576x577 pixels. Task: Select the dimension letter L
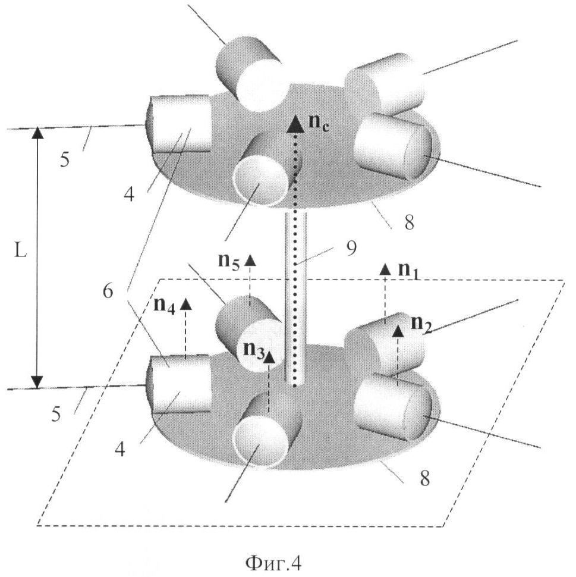pyautogui.click(x=19, y=252)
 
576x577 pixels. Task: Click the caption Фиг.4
pyautogui.click(x=268, y=561)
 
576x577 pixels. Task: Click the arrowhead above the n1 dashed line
pyautogui.click(x=385, y=269)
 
